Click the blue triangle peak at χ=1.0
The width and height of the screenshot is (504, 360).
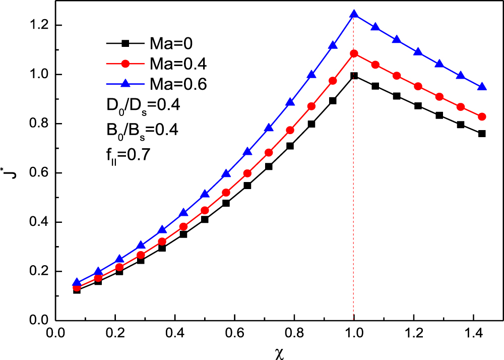(354, 14)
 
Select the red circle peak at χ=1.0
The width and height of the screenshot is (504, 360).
(354, 53)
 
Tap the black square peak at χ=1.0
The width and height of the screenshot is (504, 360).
(354, 76)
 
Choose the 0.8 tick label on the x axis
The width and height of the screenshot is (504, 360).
(294, 333)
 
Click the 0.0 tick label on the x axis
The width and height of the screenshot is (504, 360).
(55, 333)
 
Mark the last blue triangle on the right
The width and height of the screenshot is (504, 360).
(482, 87)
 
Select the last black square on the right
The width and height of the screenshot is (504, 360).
(482, 134)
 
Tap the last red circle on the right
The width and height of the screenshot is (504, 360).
(482, 117)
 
